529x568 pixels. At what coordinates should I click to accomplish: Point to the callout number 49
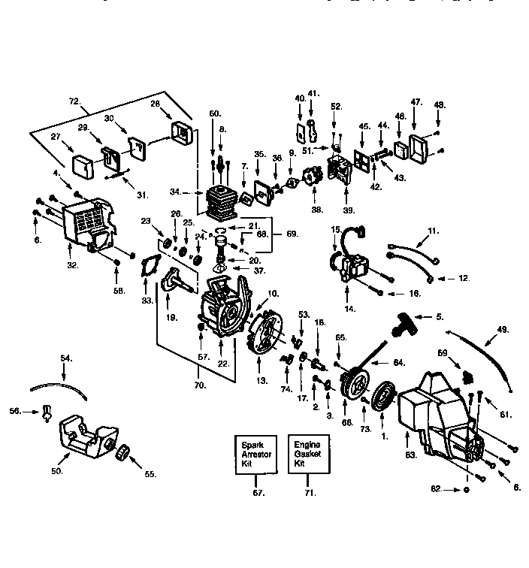(502, 328)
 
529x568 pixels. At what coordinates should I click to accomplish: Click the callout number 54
(66, 358)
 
